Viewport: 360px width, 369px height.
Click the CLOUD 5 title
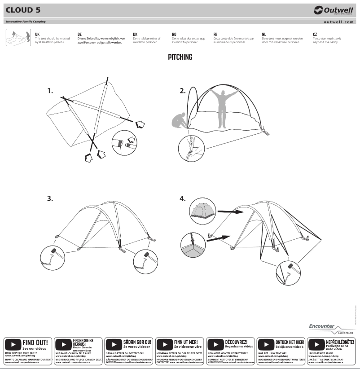pos(23,10)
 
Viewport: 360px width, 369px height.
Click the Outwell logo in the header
pos(333,10)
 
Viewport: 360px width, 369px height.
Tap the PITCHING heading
pos(180,57)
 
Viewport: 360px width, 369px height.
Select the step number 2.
pos(183,91)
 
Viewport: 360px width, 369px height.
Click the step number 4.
pos(183,199)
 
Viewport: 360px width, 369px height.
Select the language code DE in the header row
pos(79,34)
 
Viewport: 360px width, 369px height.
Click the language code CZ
pos(315,34)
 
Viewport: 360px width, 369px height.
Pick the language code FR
pos(215,34)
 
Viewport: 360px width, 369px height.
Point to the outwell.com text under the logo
pos(338,22)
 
